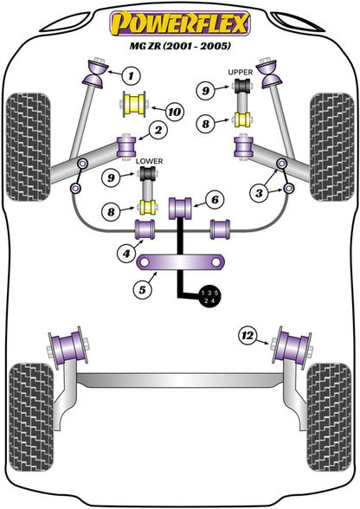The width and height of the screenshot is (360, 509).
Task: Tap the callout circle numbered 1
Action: pos(130,75)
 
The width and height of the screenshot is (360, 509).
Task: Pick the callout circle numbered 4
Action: pos(126,254)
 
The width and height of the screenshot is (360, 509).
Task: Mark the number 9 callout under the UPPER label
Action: pos(204,89)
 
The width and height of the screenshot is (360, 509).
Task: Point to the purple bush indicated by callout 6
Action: pos(181,209)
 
